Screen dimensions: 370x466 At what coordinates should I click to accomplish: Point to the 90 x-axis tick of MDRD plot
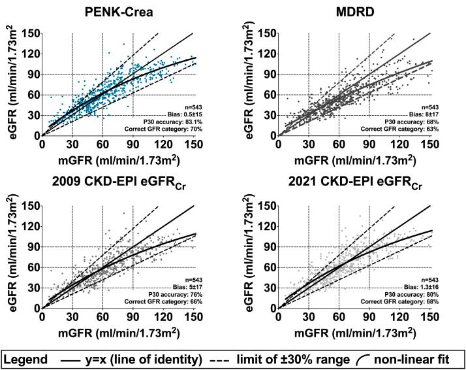pos(369,144)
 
